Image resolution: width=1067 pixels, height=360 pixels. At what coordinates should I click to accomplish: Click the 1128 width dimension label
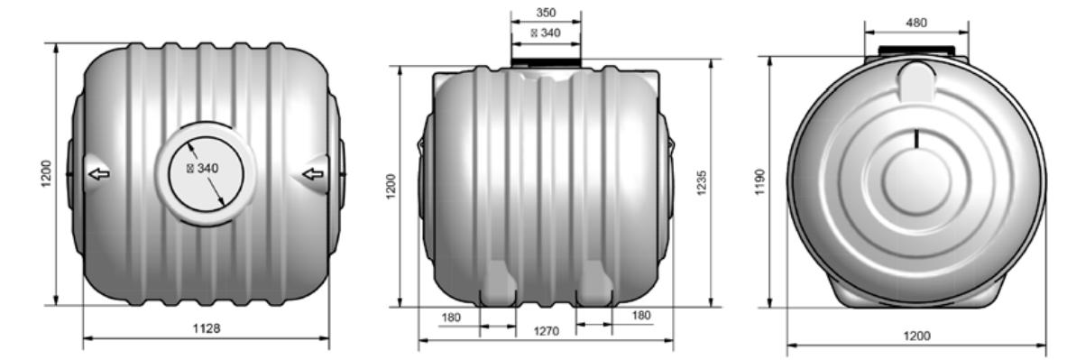pos(207,328)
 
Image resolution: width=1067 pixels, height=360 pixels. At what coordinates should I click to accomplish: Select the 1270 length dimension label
pos(547,331)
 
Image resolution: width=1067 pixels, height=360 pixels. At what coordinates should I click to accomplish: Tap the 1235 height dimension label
pos(703,182)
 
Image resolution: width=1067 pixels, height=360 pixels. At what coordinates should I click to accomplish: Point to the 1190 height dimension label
pos(760,181)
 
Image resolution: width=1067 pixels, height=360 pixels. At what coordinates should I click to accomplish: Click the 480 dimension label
pos(916,23)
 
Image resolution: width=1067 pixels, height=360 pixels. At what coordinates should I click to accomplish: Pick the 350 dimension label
pos(546,13)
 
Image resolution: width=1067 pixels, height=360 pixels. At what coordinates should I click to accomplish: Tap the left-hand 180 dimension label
pos(451,317)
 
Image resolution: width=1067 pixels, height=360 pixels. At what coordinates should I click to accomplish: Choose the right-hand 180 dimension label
pos(641,315)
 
